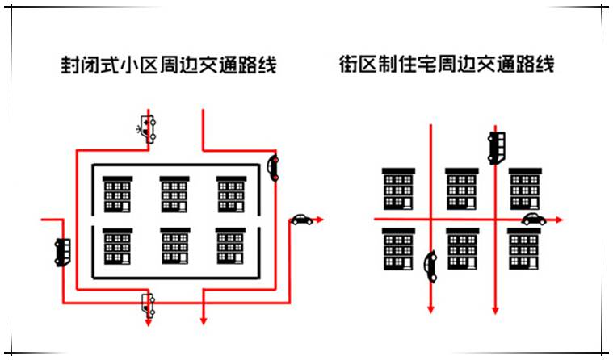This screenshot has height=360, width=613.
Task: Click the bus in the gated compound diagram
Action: click(x=62, y=253)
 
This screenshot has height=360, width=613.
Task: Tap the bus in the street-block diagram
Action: click(x=496, y=148)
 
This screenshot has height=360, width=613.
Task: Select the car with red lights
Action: click(x=273, y=168)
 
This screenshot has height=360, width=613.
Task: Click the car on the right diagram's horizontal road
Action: click(x=534, y=220)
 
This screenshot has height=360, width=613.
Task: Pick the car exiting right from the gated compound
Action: click(x=302, y=220)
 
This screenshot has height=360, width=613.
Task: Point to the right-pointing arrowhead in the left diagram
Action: click(x=320, y=220)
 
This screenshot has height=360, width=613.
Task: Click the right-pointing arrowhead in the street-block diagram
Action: click(x=559, y=220)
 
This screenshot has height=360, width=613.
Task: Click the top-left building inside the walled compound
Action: click(x=117, y=195)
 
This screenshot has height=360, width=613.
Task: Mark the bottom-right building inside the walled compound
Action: click(x=231, y=246)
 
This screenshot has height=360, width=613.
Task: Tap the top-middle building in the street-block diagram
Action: click(x=462, y=189)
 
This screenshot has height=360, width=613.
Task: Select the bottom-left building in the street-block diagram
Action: click(x=398, y=249)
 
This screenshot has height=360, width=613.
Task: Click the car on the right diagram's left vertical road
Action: click(x=430, y=266)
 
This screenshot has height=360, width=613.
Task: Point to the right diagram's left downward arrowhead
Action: click(x=430, y=309)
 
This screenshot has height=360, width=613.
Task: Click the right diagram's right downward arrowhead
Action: click(x=495, y=310)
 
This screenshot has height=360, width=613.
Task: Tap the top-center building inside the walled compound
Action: click(x=174, y=195)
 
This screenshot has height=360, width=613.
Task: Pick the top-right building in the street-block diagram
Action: click(x=525, y=189)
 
